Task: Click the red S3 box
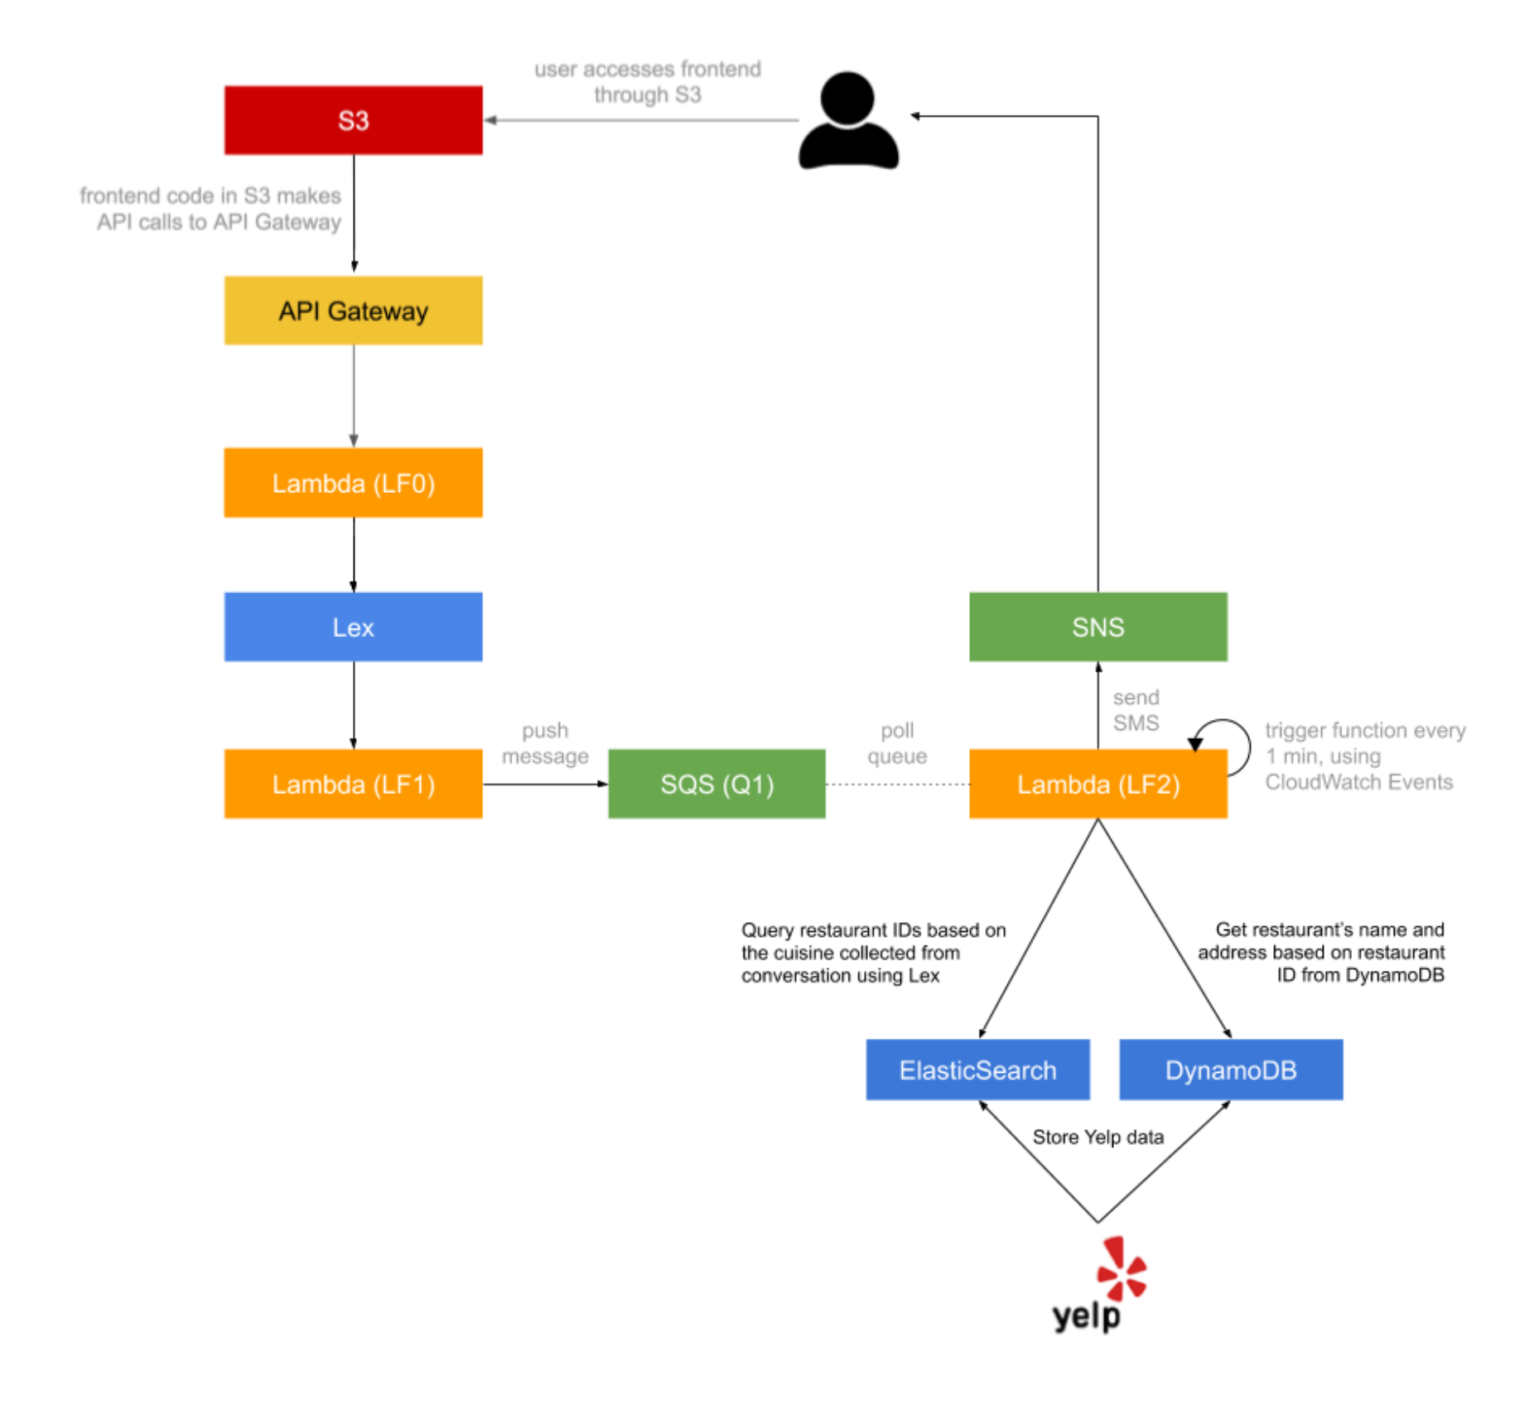353,120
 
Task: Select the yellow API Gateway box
353,311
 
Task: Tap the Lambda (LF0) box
353,483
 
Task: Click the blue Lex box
353,627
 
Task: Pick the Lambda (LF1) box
353,784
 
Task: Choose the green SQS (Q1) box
716,784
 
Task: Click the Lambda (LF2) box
1098,784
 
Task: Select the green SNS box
1098,627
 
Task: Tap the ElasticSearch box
977,1069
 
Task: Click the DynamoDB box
1231,1069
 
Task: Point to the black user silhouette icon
848,122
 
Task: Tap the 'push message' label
545,743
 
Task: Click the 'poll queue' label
897,743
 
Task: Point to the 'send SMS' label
1136,710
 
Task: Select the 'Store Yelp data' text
1098,1137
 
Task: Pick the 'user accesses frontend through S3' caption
647,81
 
